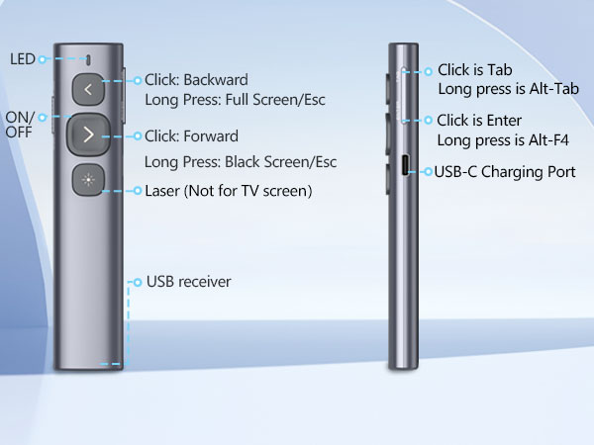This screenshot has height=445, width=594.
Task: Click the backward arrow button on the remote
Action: (x=88, y=90)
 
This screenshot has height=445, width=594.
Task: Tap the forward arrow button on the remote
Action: (x=89, y=134)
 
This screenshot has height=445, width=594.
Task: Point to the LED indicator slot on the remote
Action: (x=89, y=59)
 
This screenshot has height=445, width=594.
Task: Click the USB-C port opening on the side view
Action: (x=405, y=165)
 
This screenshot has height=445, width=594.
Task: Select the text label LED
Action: (x=23, y=59)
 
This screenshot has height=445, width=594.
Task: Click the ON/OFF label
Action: (x=20, y=125)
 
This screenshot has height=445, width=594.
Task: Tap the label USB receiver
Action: (x=189, y=282)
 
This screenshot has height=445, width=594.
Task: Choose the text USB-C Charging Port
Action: (x=505, y=172)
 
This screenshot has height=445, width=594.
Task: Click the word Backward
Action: (x=216, y=80)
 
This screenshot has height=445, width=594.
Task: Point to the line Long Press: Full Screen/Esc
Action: (x=235, y=100)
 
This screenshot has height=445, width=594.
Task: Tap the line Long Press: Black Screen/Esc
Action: (x=241, y=162)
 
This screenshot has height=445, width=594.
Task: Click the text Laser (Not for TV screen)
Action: (x=229, y=191)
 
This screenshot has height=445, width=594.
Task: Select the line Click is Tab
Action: (x=474, y=70)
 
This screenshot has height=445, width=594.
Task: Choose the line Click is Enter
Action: (x=479, y=121)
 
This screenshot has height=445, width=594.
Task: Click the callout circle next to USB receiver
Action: (x=138, y=282)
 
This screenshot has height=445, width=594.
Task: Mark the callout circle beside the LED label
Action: (x=43, y=59)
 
